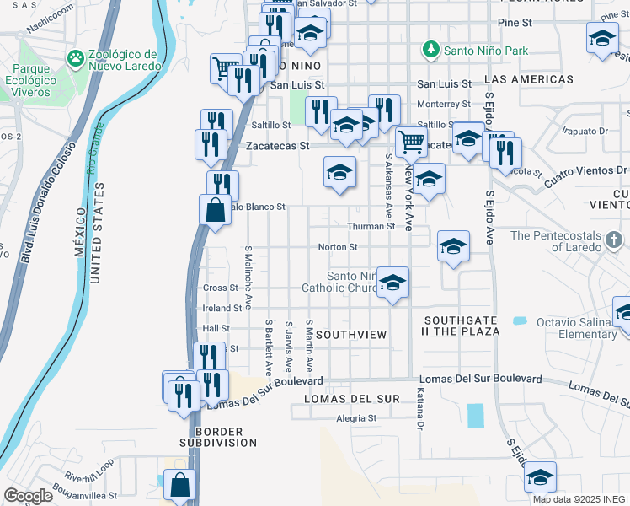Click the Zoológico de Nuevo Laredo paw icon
(x=76, y=57)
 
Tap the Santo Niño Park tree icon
(x=432, y=51)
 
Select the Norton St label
(x=338, y=247)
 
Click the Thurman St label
(x=371, y=226)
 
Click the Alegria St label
(x=355, y=417)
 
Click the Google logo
(x=28, y=496)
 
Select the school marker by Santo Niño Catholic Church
(x=392, y=283)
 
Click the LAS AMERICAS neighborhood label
(x=529, y=79)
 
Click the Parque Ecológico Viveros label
(x=39, y=78)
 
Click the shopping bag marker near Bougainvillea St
(x=180, y=485)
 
